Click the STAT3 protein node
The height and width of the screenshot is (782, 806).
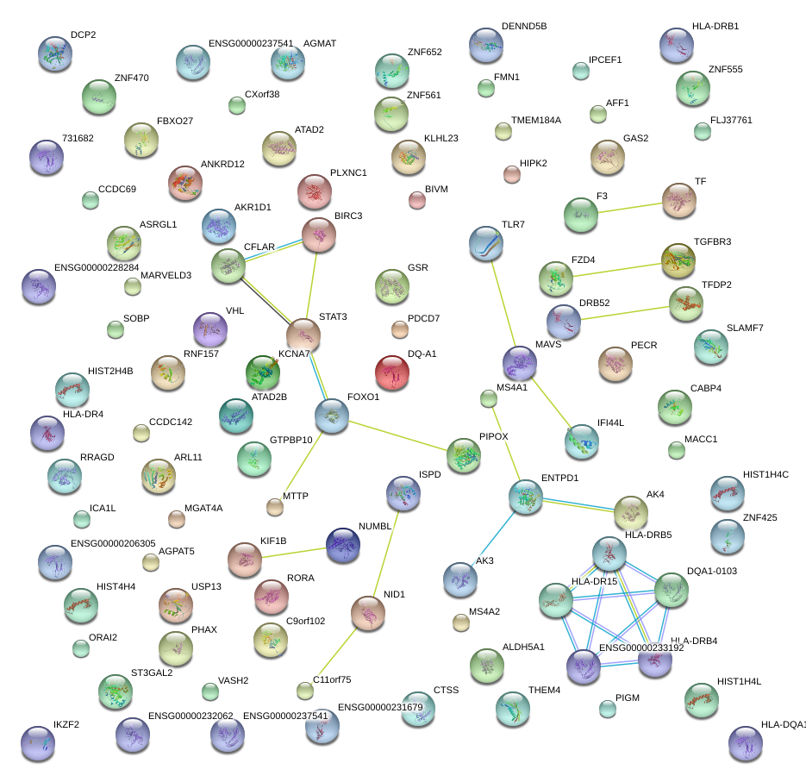303,335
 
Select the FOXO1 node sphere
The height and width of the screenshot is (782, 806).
332,415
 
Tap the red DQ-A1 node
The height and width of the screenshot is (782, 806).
392,371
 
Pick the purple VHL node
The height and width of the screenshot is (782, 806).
209,328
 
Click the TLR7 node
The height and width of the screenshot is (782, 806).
487,244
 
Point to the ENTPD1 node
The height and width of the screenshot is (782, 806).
525,497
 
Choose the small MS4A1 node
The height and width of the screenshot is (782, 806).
489,398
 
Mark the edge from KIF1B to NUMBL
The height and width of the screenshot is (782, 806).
294,551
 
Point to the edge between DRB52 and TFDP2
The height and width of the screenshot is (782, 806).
625,311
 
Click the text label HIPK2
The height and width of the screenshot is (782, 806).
534,163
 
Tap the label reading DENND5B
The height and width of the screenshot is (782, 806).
523,27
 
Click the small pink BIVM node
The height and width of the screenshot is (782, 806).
416,201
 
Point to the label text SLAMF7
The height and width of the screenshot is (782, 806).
747,328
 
